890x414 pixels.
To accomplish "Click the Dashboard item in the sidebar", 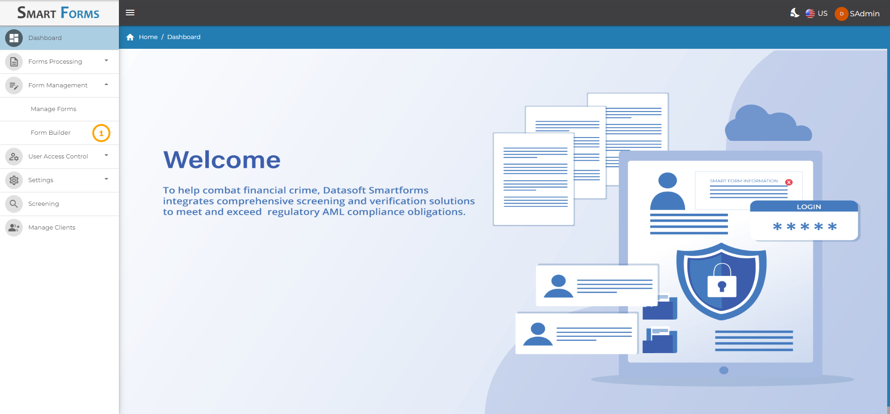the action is (45, 38).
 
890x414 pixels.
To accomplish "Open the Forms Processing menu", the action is (55, 62).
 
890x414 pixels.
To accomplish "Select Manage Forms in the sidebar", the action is (53, 109).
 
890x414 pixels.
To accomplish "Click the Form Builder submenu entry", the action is (51, 133).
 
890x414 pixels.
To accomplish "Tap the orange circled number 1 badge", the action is (101, 133).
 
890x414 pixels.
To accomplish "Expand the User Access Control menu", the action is (58, 157).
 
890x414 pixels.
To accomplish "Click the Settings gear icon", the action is (14, 180).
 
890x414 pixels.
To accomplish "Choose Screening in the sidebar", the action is (44, 204).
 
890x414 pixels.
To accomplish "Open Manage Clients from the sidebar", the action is (52, 228).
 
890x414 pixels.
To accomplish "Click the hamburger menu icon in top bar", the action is (130, 13).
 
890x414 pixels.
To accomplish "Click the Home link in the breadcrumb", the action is (148, 37).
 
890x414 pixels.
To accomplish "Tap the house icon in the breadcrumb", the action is (130, 37).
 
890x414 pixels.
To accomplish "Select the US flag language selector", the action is (816, 13).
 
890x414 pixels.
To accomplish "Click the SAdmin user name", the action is (864, 14).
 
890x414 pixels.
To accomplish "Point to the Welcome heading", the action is (222, 160).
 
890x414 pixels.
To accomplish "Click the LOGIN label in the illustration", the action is (809, 207).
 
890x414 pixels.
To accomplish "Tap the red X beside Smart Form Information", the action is (789, 182).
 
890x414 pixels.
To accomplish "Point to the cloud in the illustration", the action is (768, 123).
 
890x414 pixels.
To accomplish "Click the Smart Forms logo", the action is (59, 13).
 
